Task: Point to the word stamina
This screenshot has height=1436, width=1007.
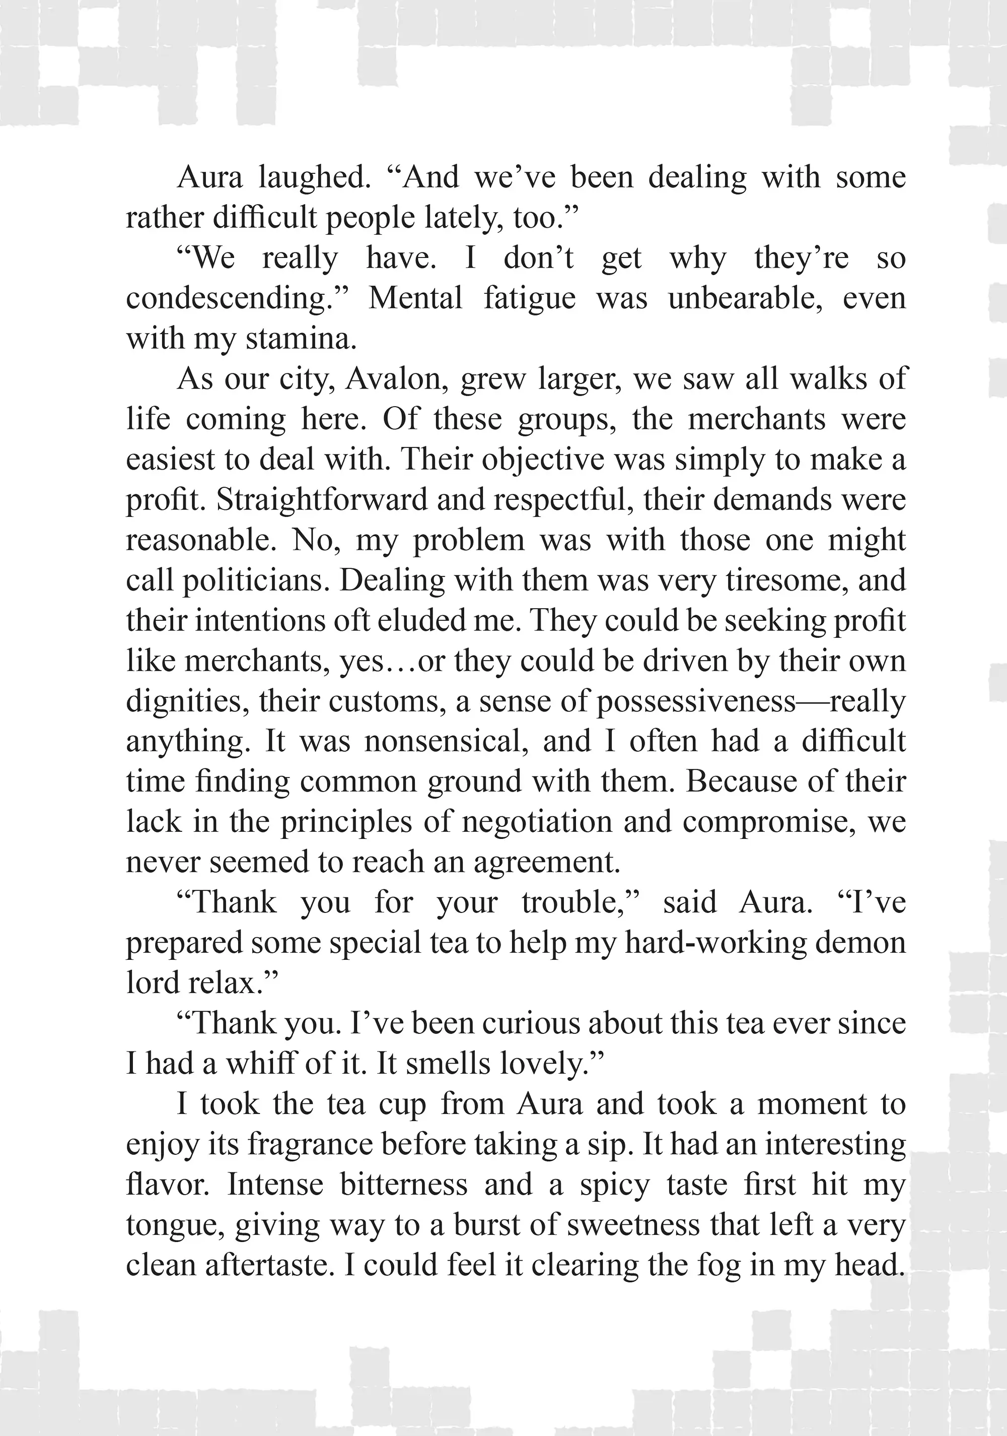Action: pos(301,339)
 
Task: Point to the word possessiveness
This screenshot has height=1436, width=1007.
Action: pos(696,702)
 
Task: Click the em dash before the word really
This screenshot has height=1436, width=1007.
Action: pos(813,702)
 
